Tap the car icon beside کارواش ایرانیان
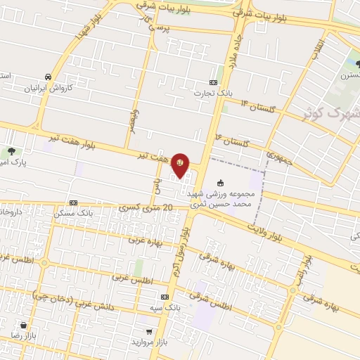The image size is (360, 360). pyautogui.click(x=47, y=76)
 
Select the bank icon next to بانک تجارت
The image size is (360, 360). pyautogui.click(x=214, y=82)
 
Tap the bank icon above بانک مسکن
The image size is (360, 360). pyautogui.click(x=74, y=201)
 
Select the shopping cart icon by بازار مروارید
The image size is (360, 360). pyautogui.click(x=148, y=330)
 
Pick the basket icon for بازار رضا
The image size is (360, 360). pyautogui.click(x=25, y=326)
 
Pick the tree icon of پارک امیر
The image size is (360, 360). pyautogui.click(x=11, y=151)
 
